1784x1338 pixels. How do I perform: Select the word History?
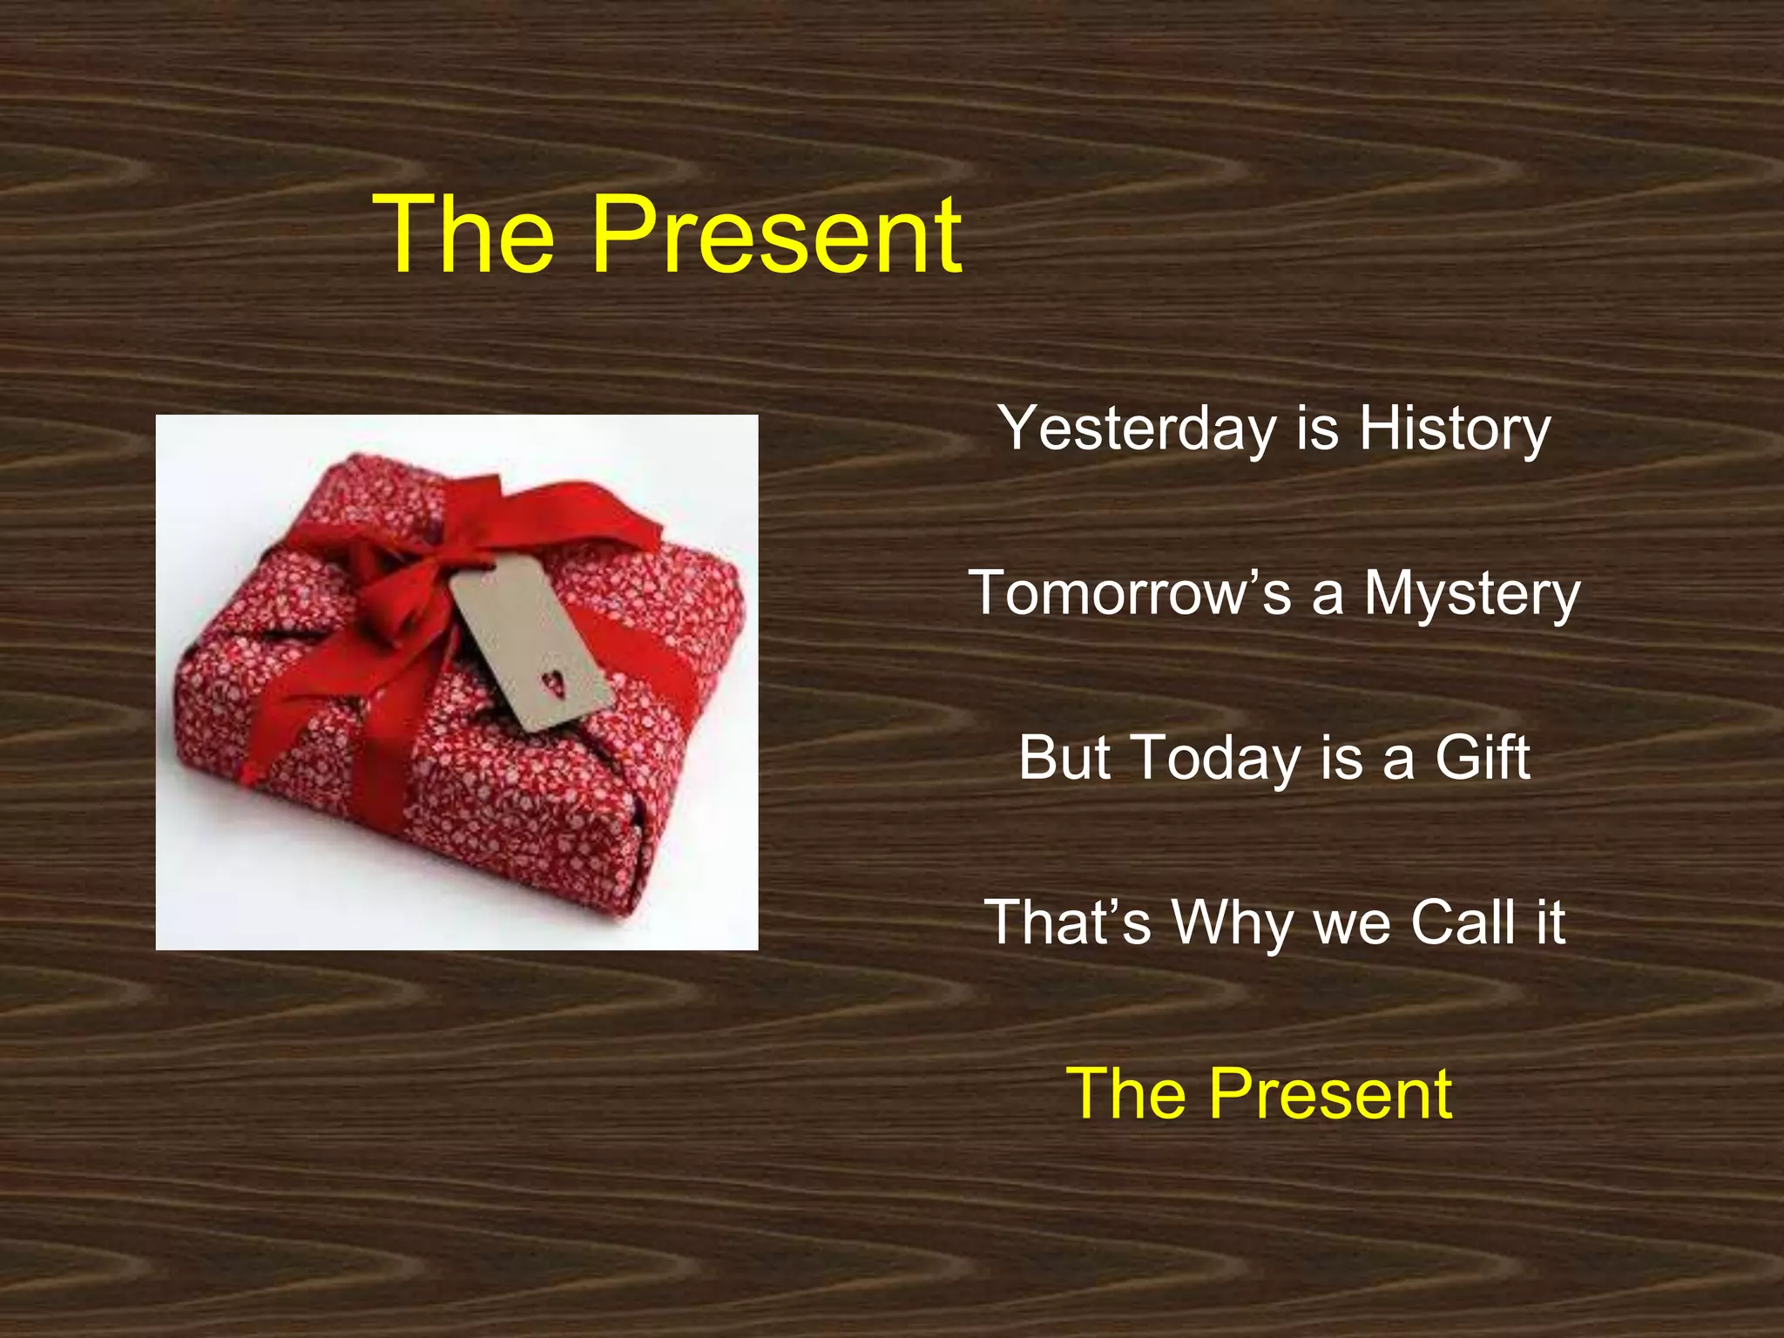(1455, 429)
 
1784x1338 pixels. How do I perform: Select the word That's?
(1068, 922)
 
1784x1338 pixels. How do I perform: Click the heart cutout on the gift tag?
(553, 682)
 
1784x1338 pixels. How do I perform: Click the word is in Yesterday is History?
(1317, 429)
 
